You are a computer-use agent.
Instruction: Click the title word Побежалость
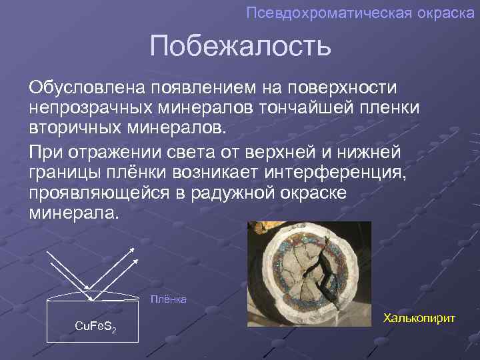[x=240, y=46]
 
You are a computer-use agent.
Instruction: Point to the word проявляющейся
[x=97, y=193]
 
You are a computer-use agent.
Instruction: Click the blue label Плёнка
[x=167, y=300]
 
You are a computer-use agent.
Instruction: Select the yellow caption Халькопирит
[x=419, y=318]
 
